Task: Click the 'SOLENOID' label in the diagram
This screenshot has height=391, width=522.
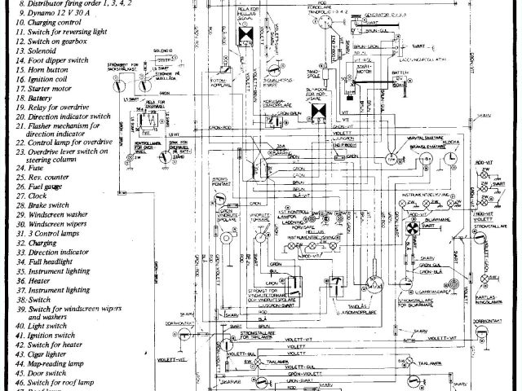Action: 166,51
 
